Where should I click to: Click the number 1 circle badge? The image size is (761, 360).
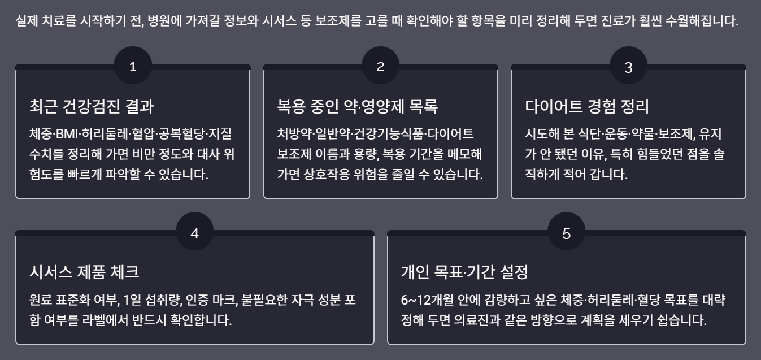[133, 66]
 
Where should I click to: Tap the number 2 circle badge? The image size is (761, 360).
[381, 66]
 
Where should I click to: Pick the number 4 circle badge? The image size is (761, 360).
[195, 233]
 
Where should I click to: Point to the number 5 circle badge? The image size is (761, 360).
[567, 233]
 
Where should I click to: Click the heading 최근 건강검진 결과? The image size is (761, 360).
[92, 106]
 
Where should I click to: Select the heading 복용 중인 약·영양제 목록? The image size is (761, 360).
[357, 106]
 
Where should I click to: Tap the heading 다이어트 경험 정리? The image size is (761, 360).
[587, 106]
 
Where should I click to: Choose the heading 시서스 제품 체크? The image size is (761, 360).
[84, 272]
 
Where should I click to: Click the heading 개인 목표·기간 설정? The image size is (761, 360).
[464, 272]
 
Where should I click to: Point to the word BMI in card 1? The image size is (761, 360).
[67, 134]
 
